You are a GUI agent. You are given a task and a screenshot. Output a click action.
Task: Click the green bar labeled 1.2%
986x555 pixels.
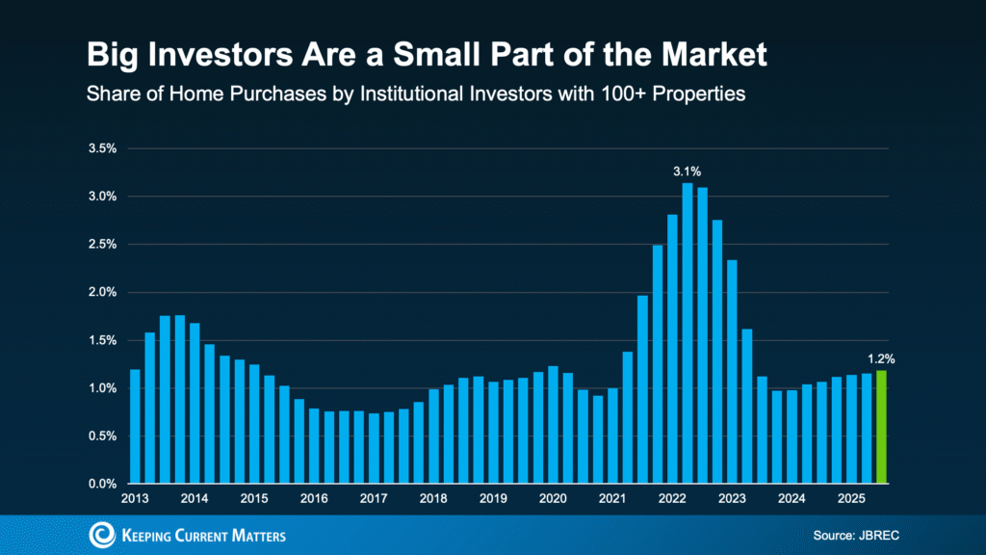[881, 427]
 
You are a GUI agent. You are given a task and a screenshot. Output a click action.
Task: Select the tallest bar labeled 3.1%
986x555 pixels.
[688, 332]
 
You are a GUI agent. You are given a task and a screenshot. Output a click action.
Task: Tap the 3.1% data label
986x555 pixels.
[688, 172]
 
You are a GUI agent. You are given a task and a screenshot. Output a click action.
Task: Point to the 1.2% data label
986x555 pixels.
[881, 358]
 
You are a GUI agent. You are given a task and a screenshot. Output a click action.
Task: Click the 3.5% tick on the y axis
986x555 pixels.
[102, 149]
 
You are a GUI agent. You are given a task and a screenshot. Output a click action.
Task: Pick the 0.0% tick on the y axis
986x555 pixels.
[102, 484]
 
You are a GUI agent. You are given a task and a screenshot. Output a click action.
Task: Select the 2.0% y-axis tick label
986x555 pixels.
[102, 293]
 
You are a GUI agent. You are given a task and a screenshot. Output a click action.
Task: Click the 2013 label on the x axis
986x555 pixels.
[135, 499]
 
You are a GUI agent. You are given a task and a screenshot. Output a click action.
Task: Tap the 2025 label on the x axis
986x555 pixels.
[851, 499]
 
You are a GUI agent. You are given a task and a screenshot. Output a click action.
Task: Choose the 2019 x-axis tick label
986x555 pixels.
[493, 499]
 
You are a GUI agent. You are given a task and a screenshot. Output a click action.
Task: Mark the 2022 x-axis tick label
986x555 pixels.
[672, 499]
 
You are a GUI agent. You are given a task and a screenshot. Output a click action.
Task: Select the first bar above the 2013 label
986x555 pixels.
[135, 426]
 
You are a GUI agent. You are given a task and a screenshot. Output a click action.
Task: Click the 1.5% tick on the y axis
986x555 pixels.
[102, 340]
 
